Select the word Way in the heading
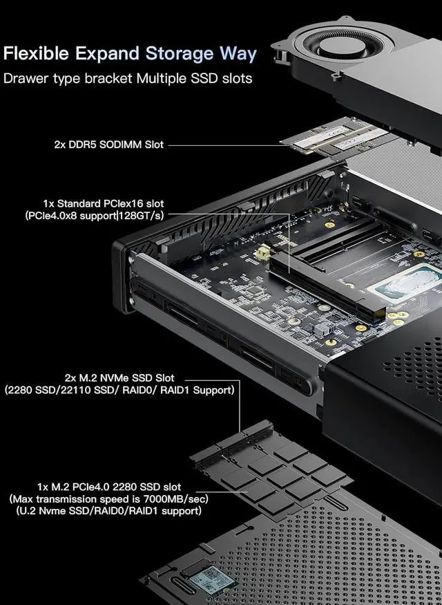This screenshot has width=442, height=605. click(238, 53)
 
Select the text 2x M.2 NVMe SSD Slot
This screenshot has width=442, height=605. click(119, 378)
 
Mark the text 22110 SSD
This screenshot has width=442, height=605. click(98, 390)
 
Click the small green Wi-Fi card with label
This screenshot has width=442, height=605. click(211, 579)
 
